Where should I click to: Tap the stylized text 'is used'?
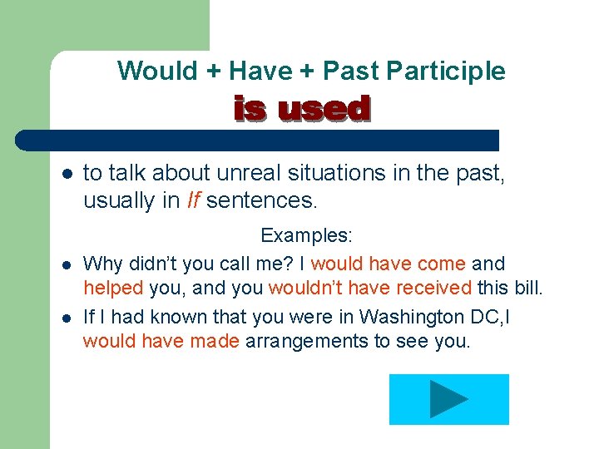tap(301, 109)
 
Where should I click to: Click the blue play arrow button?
tap(448, 399)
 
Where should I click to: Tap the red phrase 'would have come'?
tap(388, 264)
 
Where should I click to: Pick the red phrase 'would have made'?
tap(161, 342)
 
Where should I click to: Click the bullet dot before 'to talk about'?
tap(67, 174)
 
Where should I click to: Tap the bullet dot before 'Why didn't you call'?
tap(67, 264)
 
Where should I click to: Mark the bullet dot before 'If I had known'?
tap(67, 318)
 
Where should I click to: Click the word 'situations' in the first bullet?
tap(323, 173)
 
